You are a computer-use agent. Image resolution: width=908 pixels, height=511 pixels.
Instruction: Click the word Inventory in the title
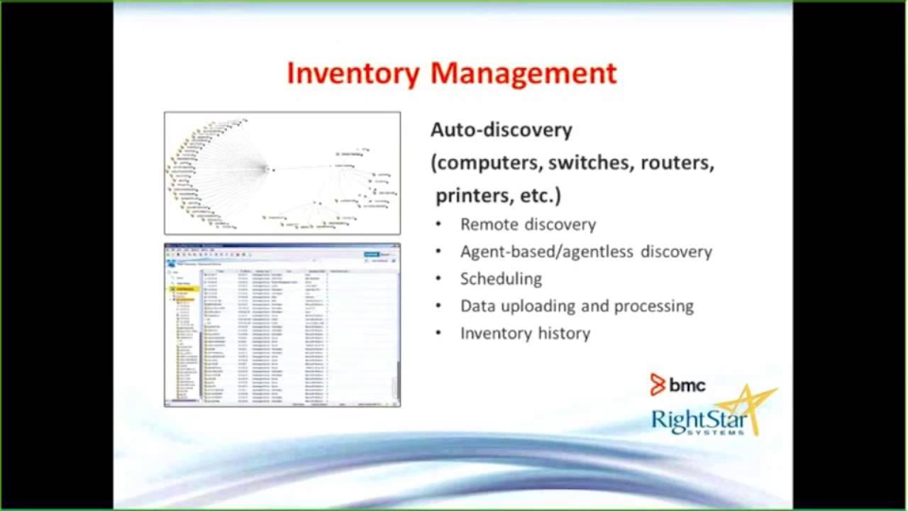tap(353, 74)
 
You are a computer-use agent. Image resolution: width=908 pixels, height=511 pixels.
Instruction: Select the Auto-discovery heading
tap(501, 130)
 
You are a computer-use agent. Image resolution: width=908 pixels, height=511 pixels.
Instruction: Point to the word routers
tap(677, 163)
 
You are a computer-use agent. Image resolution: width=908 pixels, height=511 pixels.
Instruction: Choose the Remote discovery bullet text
tap(528, 224)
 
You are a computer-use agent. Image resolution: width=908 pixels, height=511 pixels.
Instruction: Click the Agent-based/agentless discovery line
tap(586, 251)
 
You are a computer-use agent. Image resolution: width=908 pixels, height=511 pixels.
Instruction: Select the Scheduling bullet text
tap(501, 279)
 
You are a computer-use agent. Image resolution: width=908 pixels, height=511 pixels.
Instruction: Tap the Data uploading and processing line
tap(577, 306)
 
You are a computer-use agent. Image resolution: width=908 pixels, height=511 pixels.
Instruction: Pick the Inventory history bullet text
tap(525, 333)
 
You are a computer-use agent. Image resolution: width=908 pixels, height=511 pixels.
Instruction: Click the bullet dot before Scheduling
tap(439, 279)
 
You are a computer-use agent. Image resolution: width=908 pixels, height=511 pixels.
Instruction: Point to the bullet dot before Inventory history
tap(439, 333)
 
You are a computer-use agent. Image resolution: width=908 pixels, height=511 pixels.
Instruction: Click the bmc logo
tap(677, 385)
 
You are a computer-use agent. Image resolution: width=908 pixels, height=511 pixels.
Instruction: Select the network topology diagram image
tap(282, 173)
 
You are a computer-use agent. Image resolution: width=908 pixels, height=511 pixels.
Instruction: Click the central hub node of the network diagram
tap(269, 169)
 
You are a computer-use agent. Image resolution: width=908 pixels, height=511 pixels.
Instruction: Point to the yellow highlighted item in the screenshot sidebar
tap(185, 290)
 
